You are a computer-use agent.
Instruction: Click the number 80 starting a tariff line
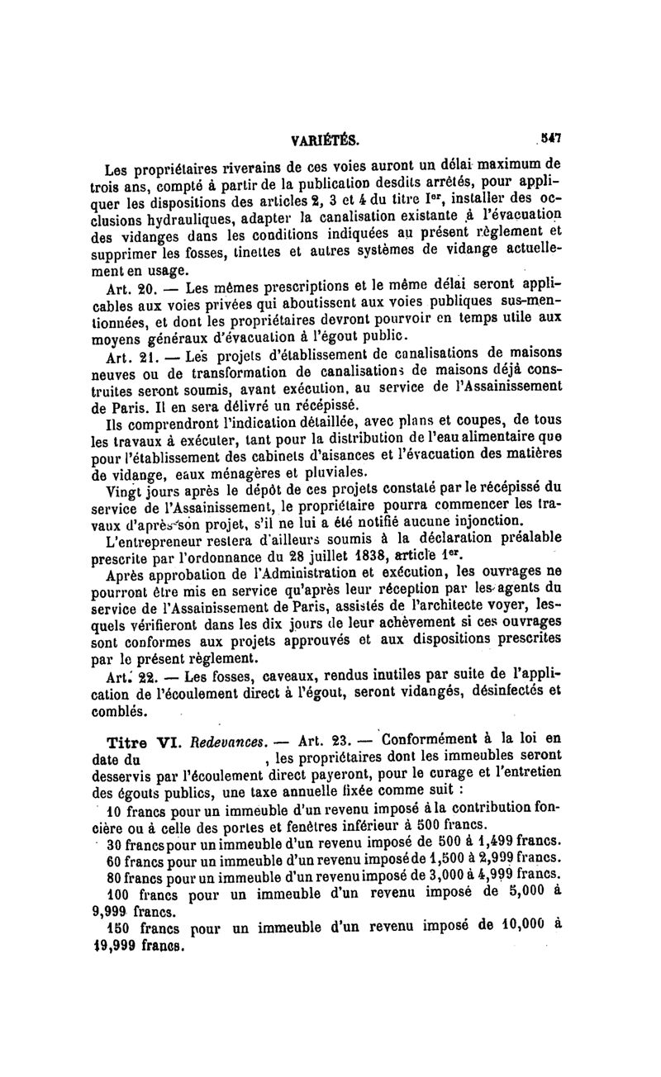[x=117, y=875]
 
